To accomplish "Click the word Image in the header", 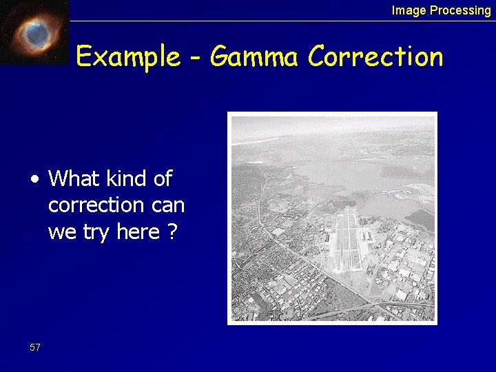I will (x=409, y=10).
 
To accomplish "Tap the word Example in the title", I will (x=127, y=57).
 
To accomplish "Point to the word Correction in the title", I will (x=375, y=57).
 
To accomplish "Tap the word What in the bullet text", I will (x=75, y=179).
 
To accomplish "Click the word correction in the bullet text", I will (x=95, y=205).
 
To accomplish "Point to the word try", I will (x=94, y=233).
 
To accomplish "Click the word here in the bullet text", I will (x=138, y=231).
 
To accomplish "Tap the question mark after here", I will (x=172, y=231).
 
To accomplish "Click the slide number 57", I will (x=35, y=348).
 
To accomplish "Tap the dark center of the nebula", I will (x=34, y=32).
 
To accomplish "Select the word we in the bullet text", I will (x=62, y=233).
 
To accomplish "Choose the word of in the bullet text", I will (x=163, y=179).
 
